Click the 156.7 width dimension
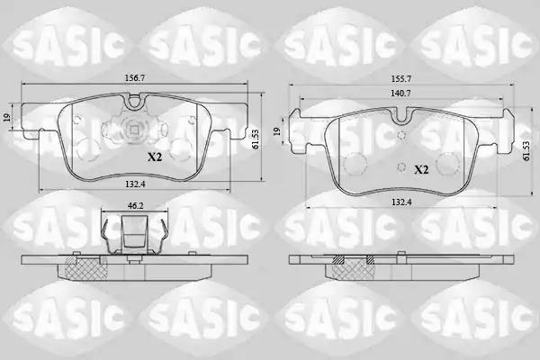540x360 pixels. coord(135,78)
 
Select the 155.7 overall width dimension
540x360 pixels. coord(400,79)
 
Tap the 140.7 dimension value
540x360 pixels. coord(400,93)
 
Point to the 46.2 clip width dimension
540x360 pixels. coord(135,206)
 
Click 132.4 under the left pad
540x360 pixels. coord(135,184)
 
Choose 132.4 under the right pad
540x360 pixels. coord(401,202)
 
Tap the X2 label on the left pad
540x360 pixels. coord(155,157)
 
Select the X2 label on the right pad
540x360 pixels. coord(421,169)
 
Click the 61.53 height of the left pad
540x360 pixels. coord(256,139)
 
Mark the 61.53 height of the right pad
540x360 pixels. coord(526,150)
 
